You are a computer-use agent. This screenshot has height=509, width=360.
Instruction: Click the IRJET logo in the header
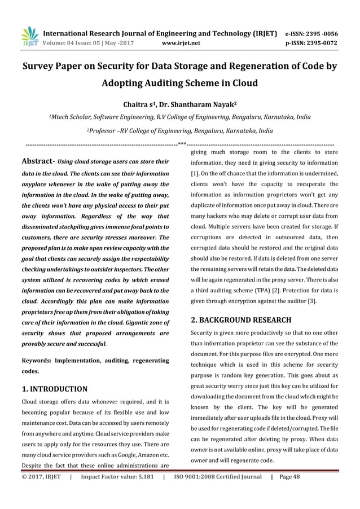click(29, 36)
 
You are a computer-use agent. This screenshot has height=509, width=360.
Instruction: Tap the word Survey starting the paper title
click(39, 65)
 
